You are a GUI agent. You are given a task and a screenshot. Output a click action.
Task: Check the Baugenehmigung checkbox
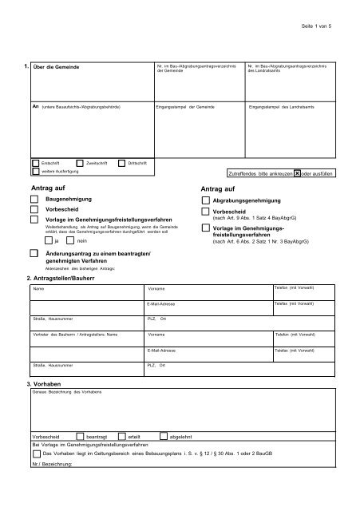pyautogui.click(x=34, y=197)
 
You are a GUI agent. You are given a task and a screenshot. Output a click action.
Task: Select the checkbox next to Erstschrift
pyautogui.click(x=34, y=163)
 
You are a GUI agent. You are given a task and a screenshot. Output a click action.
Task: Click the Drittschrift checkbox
pyautogui.click(x=122, y=163)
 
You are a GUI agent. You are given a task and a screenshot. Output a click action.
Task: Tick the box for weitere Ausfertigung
pyautogui.click(x=34, y=172)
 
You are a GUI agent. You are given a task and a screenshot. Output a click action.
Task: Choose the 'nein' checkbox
pyautogui.click(x=70, y=240)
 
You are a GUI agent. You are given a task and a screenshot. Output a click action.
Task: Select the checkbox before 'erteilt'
pyautogui.click(x=121, y=438)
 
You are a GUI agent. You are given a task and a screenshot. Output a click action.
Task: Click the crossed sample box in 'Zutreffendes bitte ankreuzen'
pyautogui.click(x=297, y=172)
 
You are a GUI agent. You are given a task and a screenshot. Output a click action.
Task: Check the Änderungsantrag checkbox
pyautogui.click(x=34, y=253)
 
